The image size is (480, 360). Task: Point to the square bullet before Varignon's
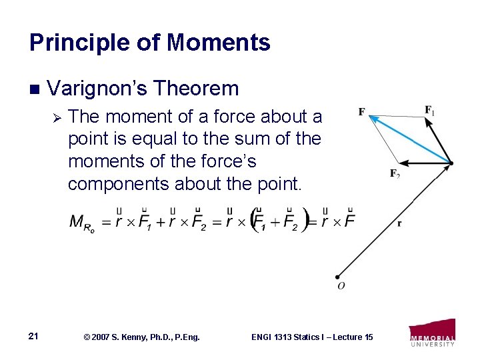pos(35,89)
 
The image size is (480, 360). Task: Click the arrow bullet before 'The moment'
pos(57,117)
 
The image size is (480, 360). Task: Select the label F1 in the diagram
pos(430,110)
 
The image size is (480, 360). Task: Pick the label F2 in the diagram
pos(395,174)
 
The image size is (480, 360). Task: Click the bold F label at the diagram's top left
pos(361,111)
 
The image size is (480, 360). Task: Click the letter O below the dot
pos(341,287)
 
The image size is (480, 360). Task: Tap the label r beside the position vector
pos(399,224)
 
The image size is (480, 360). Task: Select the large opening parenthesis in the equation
pos(254,221)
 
